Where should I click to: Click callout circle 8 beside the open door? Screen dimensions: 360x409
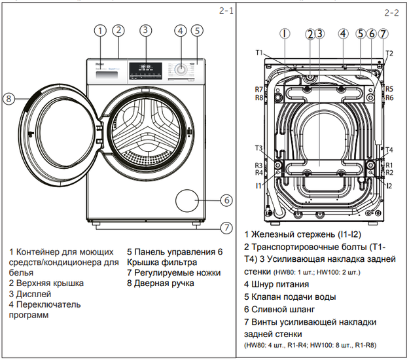[x=8, y=99]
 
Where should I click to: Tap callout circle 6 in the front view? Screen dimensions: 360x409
[x=226, y=200]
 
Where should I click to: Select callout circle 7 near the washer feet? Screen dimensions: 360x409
[x=226, y=228]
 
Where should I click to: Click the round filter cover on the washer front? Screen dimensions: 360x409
[x=188, y=200]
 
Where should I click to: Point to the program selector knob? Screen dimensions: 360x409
[x=179, y=68]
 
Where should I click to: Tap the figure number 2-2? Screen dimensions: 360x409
[x=392, y=12]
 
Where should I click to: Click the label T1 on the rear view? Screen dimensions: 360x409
[x=259, y=52]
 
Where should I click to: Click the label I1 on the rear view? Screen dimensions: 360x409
[x=260, y=186]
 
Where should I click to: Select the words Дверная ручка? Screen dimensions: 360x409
[x=163, y=283]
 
